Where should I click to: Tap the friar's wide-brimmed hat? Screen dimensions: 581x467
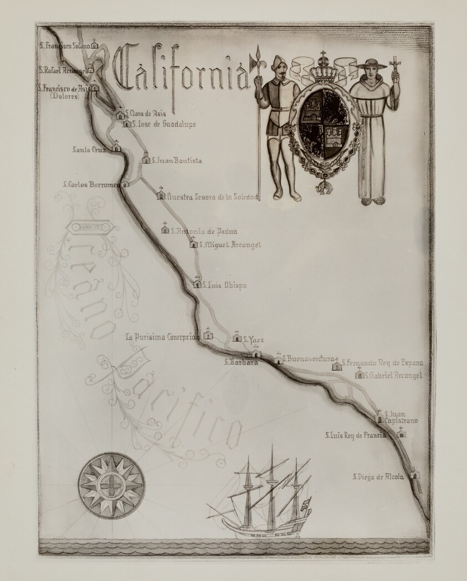pyautogui.click(x=372, y=63)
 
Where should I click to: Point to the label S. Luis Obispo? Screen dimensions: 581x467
pyautogui.click(x=224, y=286)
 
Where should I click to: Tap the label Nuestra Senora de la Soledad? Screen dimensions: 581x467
pyautogui.click(x=212, y=196)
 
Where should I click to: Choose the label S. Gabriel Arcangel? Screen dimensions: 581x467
pyautogui.click(x=394, y=376)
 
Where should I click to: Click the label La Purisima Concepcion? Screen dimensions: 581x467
pyautogui.click(x=162, y=336)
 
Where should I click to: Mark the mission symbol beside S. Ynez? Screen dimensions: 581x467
pyautogui.click(x=237, y=336)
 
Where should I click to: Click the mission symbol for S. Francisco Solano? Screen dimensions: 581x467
pyautogui.click(x=95, y=44)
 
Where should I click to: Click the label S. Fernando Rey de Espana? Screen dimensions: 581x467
pyautogui.click(x=382, y=363)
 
